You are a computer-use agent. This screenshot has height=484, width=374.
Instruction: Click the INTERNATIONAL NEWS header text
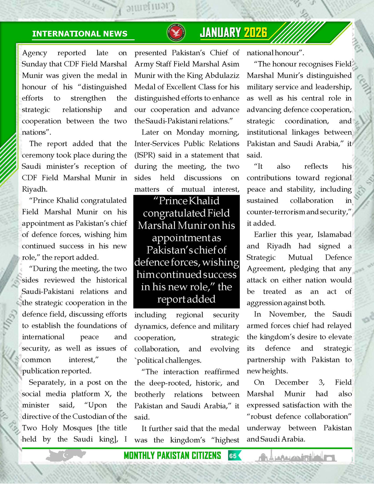pyautogui.click(x=80, y=34)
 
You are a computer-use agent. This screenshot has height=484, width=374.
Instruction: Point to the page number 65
pyautogui.click(x=233, y=456)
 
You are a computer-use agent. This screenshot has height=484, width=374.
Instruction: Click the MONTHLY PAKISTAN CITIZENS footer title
pyautogui.click(x=172, y=456)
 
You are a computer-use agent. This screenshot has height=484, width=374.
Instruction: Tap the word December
pyautogui.click(x=292, y=382)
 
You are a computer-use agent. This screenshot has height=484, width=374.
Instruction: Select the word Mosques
pyautogui.click(x=74, y=428)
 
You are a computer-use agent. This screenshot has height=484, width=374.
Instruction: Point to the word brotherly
pyautogui.click(x=150, y=394)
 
